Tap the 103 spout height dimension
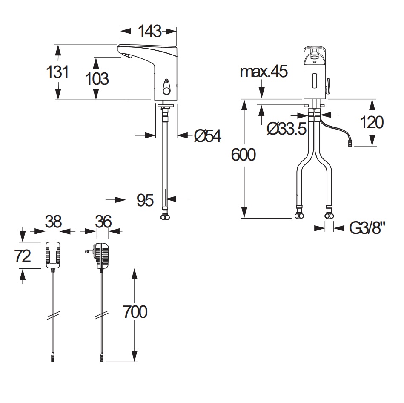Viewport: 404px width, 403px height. tap(97, 78)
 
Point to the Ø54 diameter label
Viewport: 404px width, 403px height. tap(207, 135)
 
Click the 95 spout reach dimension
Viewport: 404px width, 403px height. tap(145, 199)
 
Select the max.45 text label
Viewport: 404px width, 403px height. tap(264, 71)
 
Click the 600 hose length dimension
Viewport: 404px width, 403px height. tap(244, 155)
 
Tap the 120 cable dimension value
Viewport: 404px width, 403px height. tap(372, 122)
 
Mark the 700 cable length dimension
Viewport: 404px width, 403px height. tap(135, 312)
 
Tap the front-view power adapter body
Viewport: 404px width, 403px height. tap(52, 255)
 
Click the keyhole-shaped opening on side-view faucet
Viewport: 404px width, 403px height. tap(166, 87)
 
